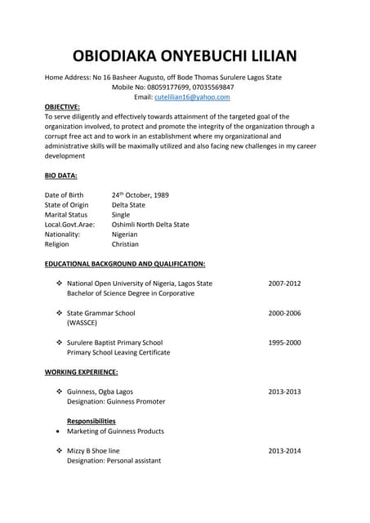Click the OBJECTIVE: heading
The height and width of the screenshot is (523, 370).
point(62,107)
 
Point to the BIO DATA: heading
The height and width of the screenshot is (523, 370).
point(61,176)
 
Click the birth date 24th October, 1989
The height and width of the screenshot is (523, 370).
point(140,195)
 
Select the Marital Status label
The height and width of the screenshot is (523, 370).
point(65,215)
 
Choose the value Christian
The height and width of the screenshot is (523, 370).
point(125,244)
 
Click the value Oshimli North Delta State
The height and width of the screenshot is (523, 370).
point(150,225)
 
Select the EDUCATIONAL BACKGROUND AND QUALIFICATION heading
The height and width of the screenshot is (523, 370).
point(125,264)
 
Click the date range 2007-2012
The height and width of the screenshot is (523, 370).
point(284,284)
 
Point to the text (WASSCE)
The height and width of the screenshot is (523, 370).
point(82,323)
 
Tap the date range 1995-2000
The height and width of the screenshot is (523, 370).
point(284,342)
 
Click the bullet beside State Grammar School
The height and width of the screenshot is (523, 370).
point(59,313)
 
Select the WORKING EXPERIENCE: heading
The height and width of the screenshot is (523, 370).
point(81,372)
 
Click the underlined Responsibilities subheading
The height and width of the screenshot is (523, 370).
point(91,421)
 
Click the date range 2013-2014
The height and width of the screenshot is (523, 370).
point(284,450)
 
